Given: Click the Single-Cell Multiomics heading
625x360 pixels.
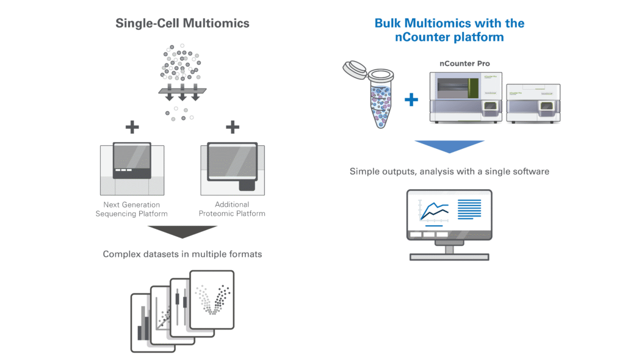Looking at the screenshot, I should [182, 24].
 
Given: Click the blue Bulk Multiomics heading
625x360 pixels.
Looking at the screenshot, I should [449, 30].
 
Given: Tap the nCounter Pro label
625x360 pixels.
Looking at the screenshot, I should [464, 63].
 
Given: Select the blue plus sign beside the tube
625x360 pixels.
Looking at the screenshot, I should [413, 99].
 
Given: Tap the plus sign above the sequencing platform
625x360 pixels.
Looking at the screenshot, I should [132, 127].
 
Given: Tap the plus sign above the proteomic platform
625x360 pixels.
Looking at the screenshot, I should [232, 127].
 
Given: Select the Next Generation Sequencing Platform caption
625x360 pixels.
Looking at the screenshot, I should [131, 209].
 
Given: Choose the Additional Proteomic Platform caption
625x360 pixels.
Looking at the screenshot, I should [232, 209].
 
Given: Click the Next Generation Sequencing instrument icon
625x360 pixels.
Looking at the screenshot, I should [132, 169].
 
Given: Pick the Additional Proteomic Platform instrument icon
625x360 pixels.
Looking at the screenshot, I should [233, 169].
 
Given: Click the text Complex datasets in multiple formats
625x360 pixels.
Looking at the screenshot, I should [182, 254].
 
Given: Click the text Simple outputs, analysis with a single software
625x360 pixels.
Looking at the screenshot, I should [449, 171].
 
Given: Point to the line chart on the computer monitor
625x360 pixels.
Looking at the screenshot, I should [434, 211].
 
